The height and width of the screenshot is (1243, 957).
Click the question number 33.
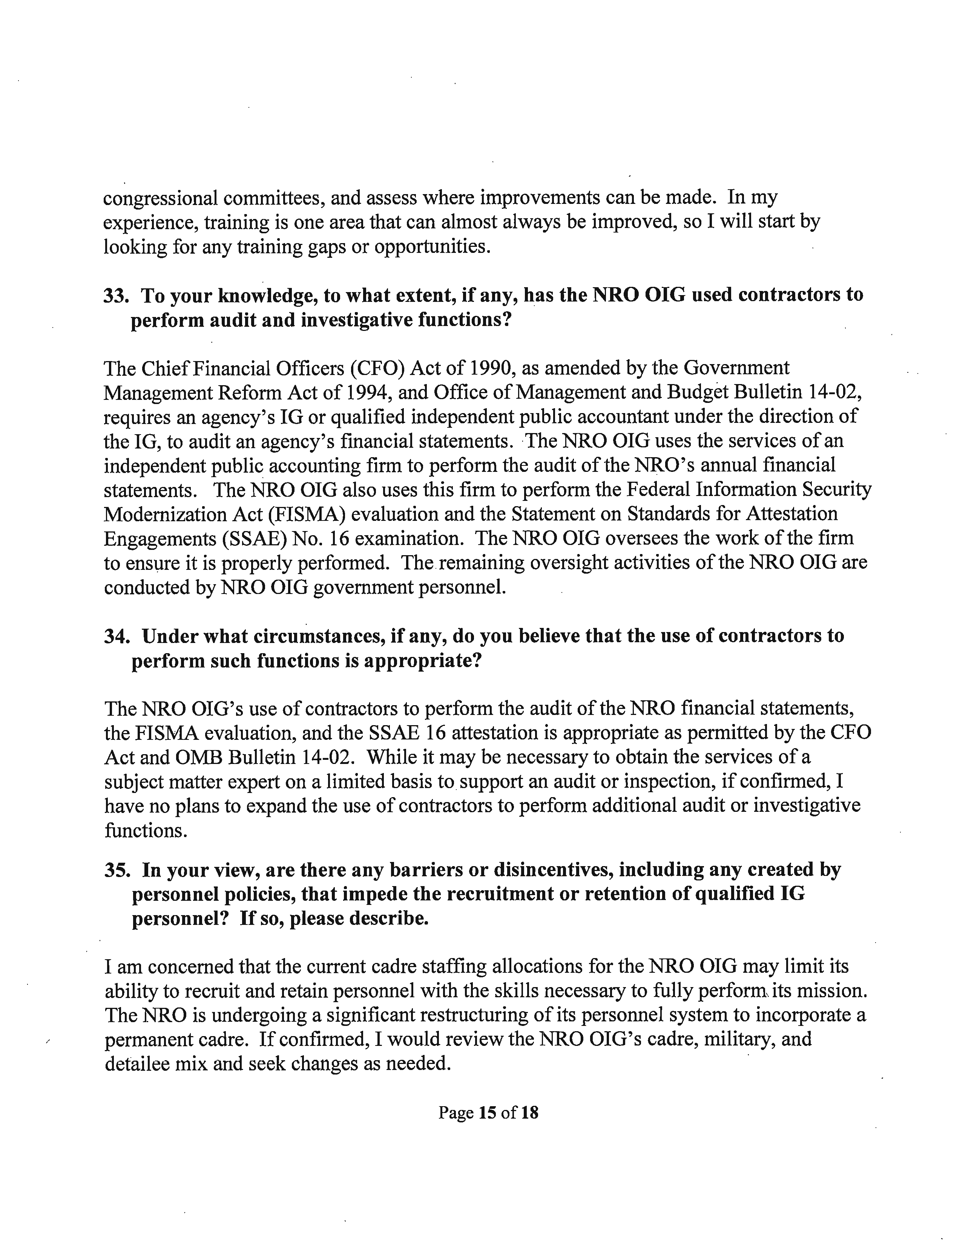pyautogui.click(x=115, y=295)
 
